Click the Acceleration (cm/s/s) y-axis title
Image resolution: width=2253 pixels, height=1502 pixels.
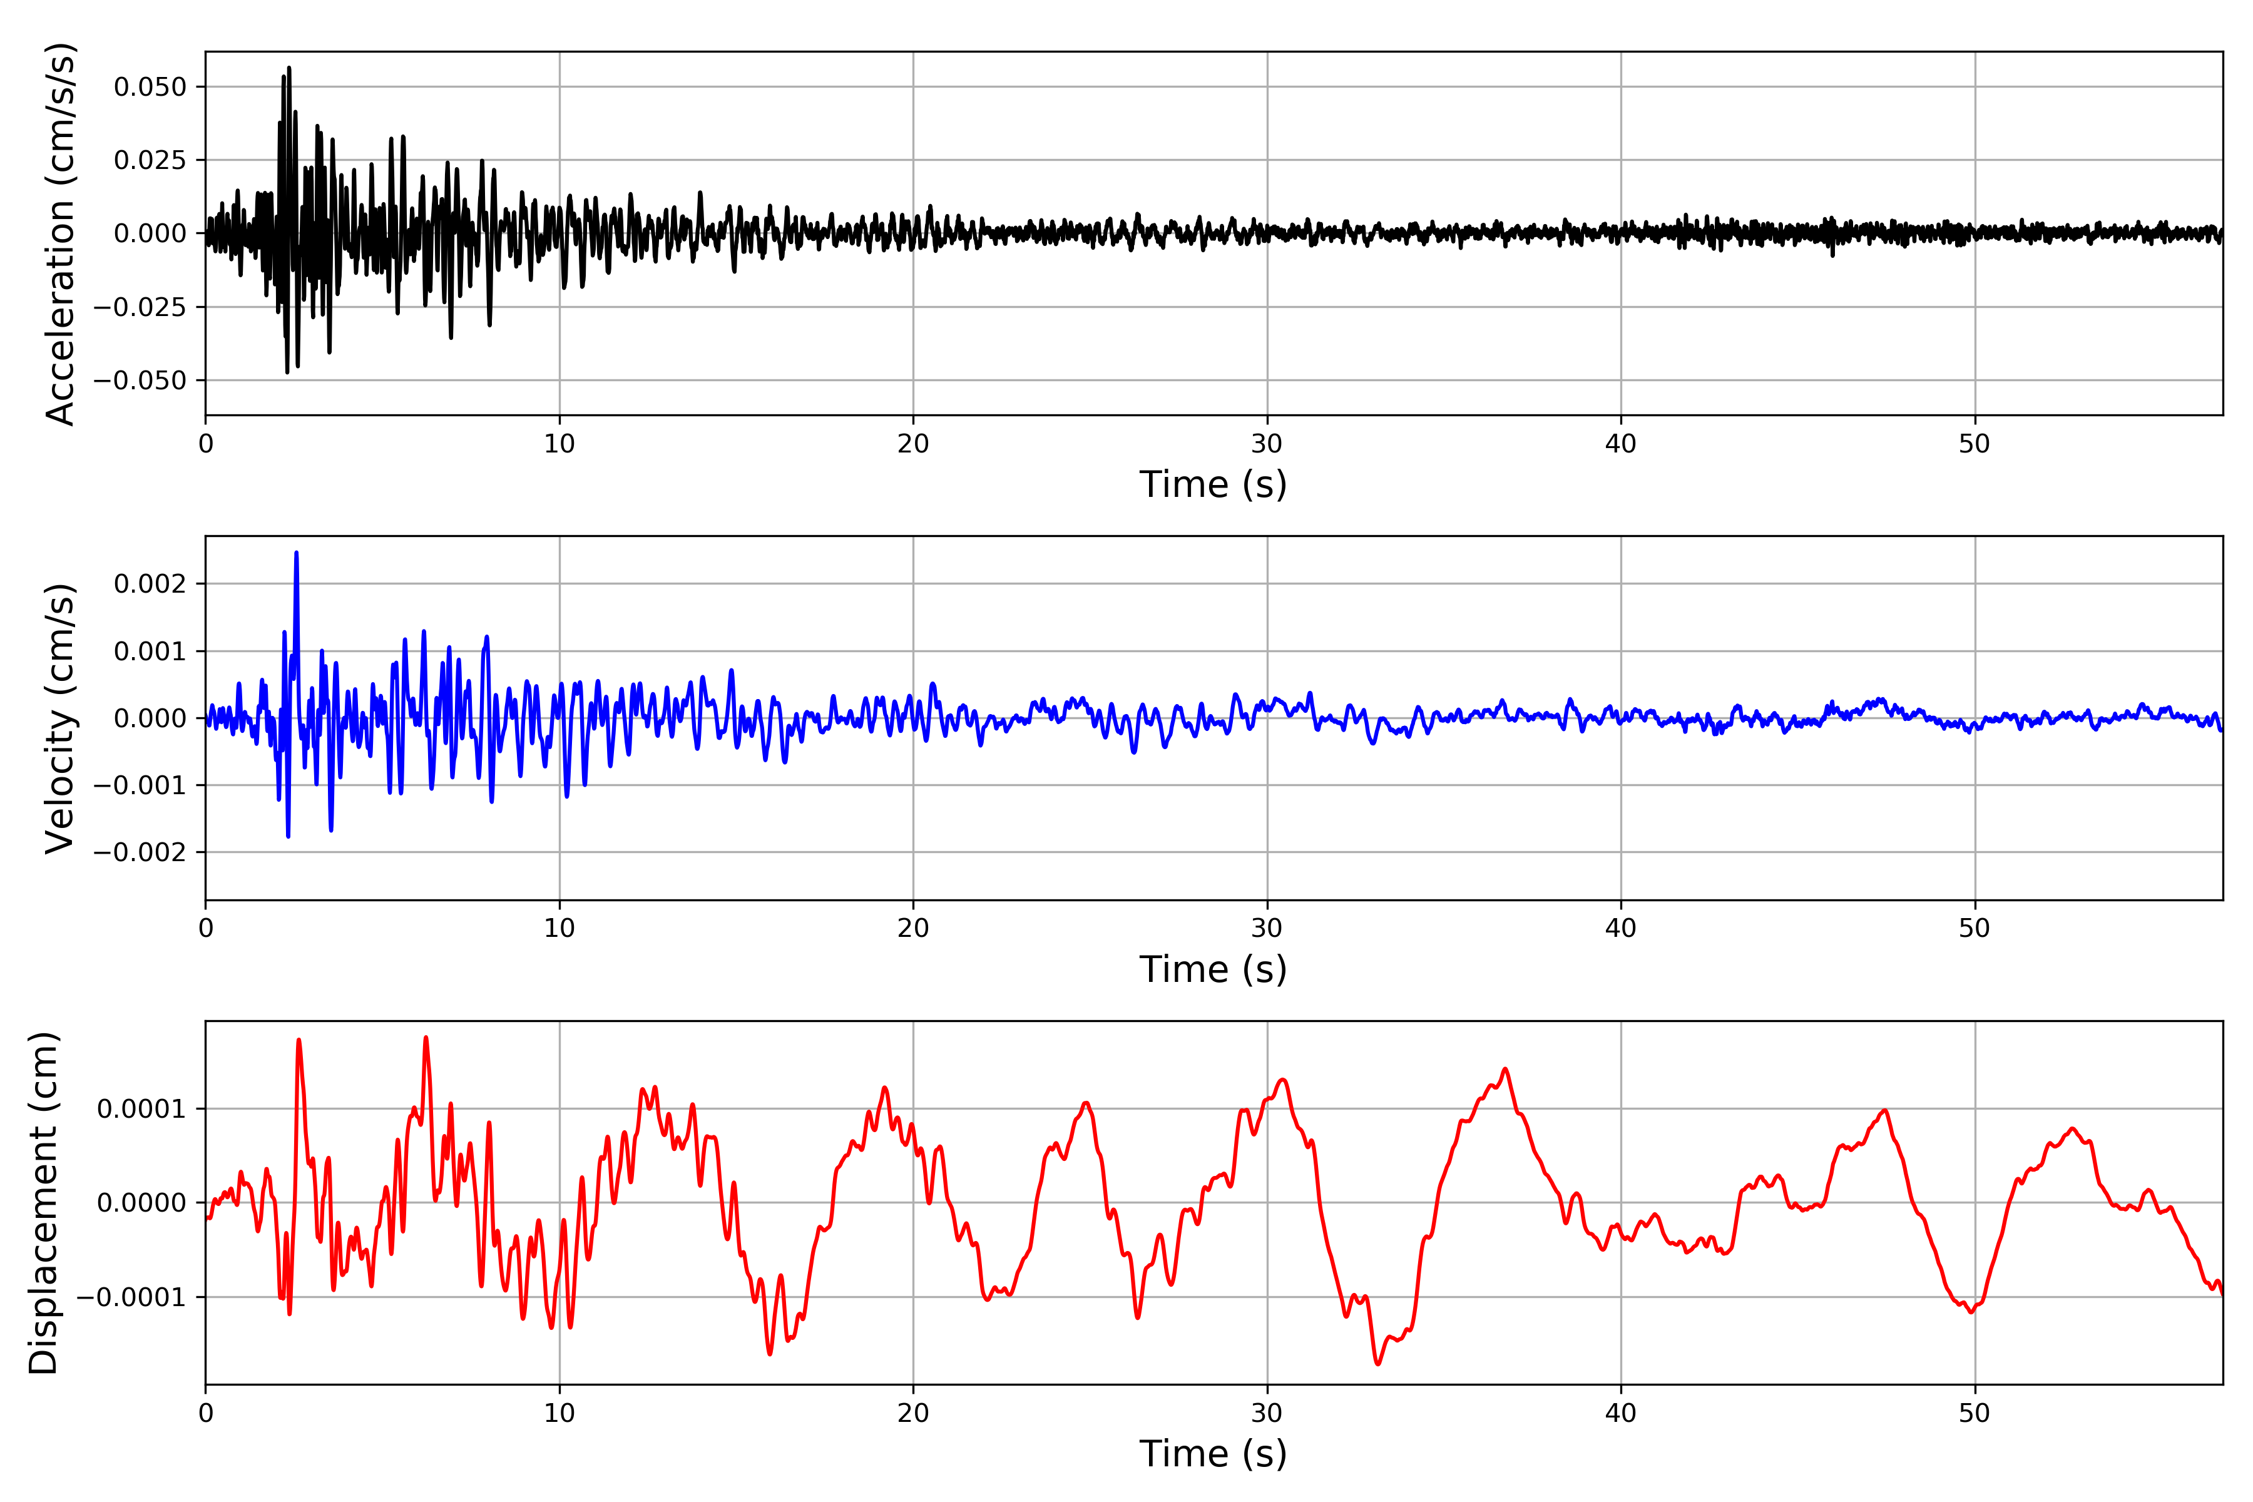59,233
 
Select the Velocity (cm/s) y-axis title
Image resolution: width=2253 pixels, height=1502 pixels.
59,718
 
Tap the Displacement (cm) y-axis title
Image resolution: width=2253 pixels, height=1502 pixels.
44,1203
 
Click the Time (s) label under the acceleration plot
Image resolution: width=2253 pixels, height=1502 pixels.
1213,484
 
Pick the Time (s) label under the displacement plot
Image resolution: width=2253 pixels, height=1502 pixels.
1213,1454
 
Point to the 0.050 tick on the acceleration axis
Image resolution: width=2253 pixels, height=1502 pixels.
150,87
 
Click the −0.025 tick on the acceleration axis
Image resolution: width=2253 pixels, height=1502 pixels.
140,307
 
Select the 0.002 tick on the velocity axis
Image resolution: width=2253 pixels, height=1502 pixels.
150,585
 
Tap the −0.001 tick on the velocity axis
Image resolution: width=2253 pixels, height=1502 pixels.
140,785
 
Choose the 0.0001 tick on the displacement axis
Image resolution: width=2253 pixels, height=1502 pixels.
142,1109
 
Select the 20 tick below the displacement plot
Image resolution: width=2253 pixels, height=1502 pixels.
913,1414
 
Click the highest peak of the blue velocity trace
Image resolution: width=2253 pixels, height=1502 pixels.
296,553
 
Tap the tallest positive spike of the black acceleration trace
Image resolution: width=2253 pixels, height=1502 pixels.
289,68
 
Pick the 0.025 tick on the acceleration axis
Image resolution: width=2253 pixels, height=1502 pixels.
150,160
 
